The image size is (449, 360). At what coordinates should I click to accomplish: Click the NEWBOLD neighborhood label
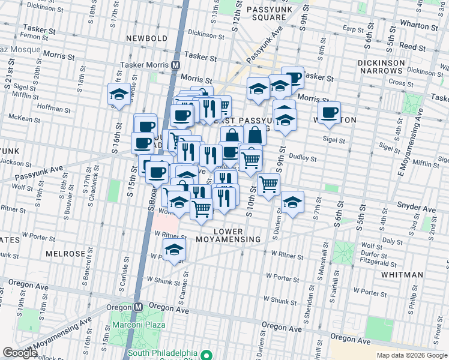146,38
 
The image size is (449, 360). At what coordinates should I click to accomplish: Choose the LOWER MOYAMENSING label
238,235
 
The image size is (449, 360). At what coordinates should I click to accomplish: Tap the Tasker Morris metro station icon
176,65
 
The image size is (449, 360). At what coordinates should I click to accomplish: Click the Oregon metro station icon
138,306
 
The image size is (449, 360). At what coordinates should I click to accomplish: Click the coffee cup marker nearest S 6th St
328,113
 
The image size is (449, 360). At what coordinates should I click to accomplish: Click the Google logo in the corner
20,352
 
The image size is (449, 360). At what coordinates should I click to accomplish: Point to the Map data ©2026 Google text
412,355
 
